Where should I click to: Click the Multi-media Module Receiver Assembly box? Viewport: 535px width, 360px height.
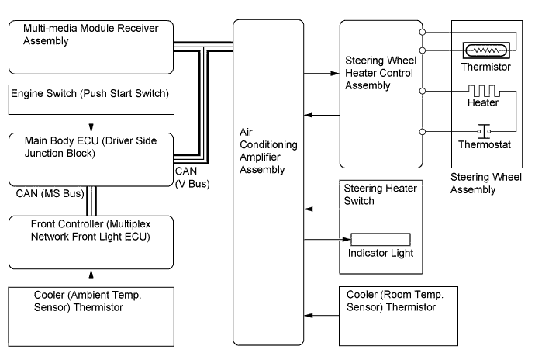point(90,47)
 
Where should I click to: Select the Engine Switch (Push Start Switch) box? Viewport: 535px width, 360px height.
point(90,98)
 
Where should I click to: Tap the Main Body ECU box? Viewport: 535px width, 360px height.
point(90,158)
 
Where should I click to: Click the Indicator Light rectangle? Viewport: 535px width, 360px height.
point(381,238)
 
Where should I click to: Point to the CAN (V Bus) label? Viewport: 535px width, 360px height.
point(191,178)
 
